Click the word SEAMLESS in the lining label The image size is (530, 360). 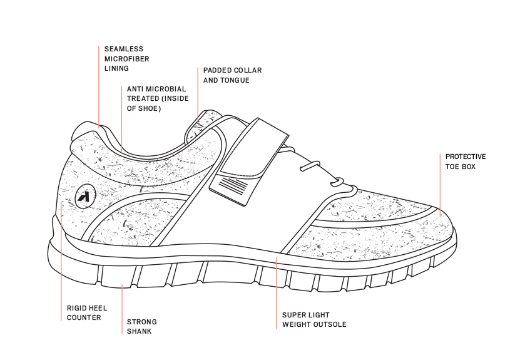point(124,49)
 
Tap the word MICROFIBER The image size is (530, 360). point(127,58)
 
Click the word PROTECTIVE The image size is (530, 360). point(466,157)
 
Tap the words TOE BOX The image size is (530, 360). point(461,167)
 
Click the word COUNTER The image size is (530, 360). point(84,317)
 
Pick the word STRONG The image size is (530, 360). point(142,322)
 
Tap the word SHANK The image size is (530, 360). point(139,331)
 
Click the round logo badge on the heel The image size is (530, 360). point(84,196)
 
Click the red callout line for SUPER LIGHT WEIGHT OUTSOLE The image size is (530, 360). point(277,294)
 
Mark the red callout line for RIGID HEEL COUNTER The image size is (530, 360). point(61,263)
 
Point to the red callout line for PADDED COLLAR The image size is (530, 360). point(198,94)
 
